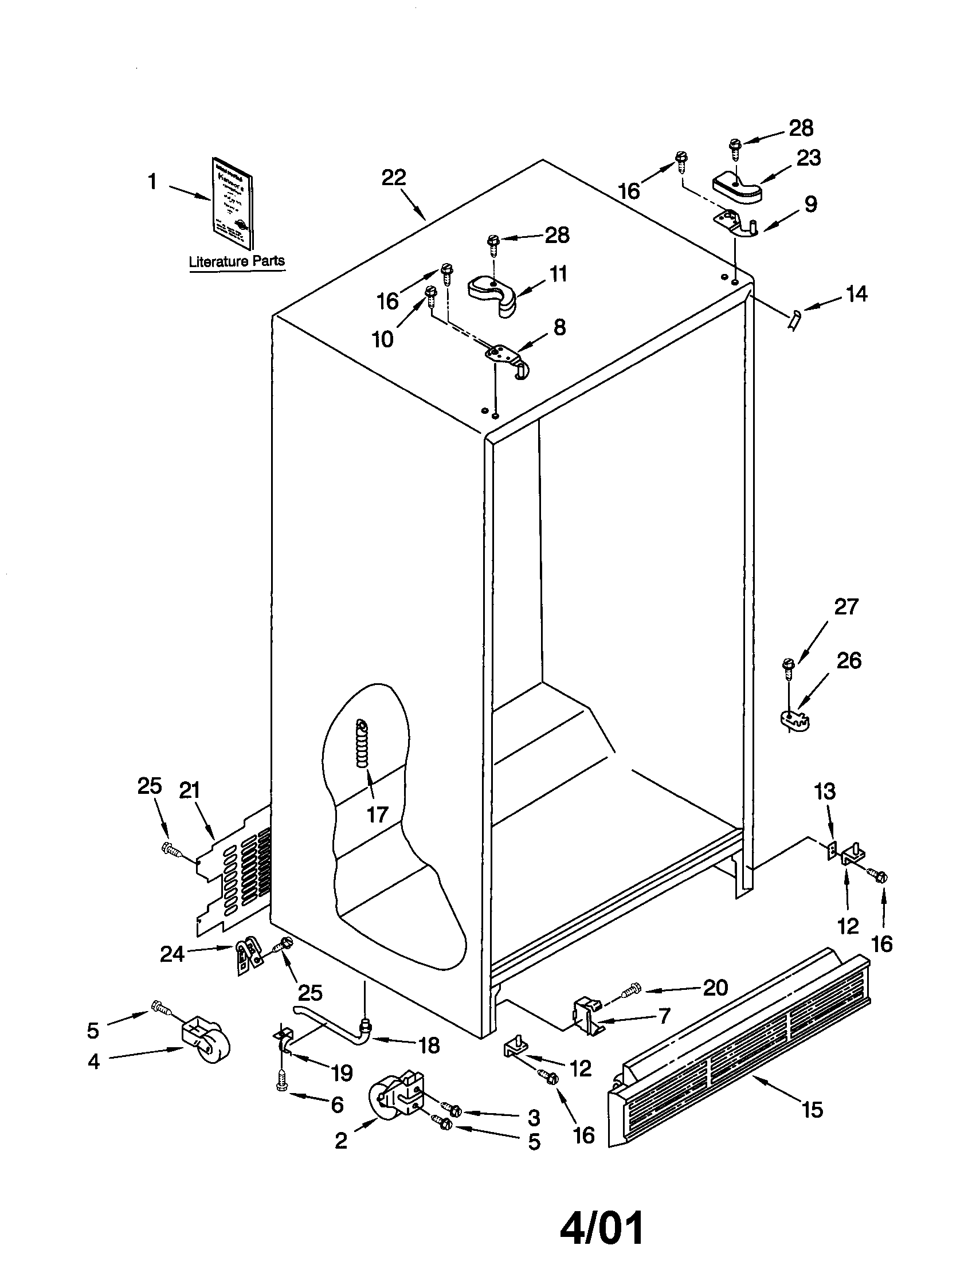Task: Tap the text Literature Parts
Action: pos(237,261)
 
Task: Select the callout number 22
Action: pos(394,178)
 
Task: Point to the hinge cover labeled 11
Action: pos(493,293)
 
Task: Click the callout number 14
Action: pos(857,294)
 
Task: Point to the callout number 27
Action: pos(846,607)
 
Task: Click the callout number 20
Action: pos(715,988)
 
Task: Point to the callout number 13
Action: pos(825,792)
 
